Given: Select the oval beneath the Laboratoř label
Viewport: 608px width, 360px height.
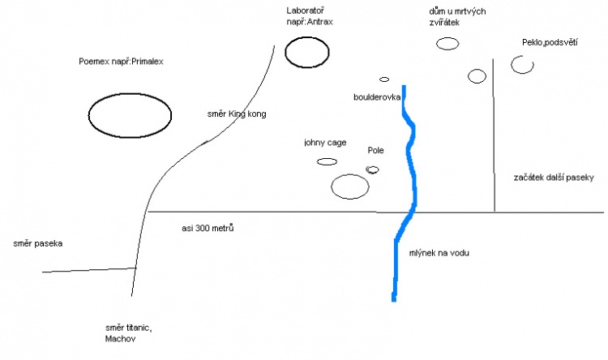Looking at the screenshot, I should tap(308, 54).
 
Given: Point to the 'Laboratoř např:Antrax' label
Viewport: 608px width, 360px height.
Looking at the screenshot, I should tap(310, 16).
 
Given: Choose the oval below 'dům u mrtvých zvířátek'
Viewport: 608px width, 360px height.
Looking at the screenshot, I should tap(447, 42).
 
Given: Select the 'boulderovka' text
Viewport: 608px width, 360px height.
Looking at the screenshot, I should tap(378, 97).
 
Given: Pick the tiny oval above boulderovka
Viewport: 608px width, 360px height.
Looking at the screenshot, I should tap(384, 79).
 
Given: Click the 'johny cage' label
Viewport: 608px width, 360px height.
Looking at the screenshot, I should tap(325, 143).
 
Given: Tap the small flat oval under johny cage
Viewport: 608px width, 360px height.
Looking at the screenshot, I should tap(327, 161).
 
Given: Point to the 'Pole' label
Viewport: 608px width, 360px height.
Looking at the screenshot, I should tap(375, 151).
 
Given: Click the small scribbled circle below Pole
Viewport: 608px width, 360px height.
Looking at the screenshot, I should tap(373, 169).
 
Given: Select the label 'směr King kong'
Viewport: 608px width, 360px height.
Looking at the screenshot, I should tap(237, 114).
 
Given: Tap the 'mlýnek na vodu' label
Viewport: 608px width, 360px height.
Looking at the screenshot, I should tap(439, 253).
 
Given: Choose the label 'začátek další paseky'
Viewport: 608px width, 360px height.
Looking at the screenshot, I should tap(554, 177).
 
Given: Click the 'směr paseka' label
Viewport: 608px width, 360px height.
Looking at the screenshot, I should tap(38, 243).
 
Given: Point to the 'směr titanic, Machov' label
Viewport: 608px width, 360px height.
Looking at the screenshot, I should tap(128, 332).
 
